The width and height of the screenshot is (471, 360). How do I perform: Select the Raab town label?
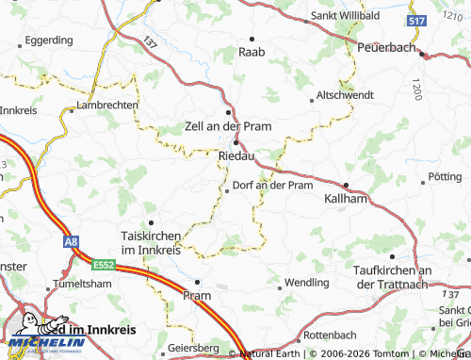(x=252, y=52)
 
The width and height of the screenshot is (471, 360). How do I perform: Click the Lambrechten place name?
(x=106, y=106)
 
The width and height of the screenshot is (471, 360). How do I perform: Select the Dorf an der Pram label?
(x=272, y=185)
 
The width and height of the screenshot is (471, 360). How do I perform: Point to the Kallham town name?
(x=345, y=200)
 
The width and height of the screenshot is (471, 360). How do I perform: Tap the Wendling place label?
(x=306, y=282)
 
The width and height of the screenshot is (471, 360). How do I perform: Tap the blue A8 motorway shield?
(x=71, y=242)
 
